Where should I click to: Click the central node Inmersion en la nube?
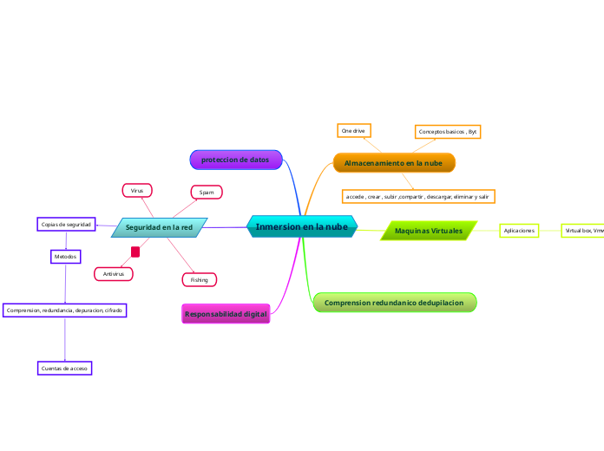pos(301,226)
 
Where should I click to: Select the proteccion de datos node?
pos(235,160)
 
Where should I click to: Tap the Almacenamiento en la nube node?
pos(393,163)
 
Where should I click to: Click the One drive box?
pos(353,130)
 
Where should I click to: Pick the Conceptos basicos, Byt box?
pos(447,132)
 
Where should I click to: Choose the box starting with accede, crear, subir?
pos(418,197)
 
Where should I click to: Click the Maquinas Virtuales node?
pos(429,231)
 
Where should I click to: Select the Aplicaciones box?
pos(519,231)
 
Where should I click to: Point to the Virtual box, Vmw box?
pos(583,231)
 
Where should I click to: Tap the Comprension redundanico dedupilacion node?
pos(394,302)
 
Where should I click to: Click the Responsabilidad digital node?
pos(226,313)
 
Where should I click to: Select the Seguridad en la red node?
pos(159,227)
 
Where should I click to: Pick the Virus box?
pos(137,190)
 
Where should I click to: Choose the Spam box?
pos(207,192)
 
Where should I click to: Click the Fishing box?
pos(199,279)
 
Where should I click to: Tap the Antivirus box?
pos(113,274)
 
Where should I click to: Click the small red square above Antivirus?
pos(135,252)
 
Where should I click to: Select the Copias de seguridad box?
pos(66,225)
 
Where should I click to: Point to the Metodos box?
pos(65,257)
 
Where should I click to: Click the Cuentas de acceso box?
pos(65,369)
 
